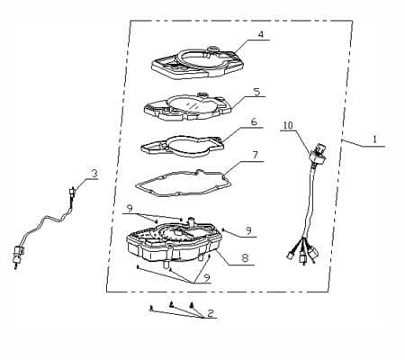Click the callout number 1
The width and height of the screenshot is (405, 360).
coord(374,139)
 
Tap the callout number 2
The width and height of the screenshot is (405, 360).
coord(211,313)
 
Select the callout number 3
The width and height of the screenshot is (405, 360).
coord(94,174)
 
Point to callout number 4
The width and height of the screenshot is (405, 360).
coord(261,34)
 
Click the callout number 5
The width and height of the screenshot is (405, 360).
coord(256,92)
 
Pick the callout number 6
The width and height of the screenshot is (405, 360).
coord(254,122)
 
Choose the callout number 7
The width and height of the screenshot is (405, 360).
coord(255,155)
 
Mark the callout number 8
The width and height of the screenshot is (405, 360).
coord(245,258)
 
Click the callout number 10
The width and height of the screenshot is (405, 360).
coord(288,125)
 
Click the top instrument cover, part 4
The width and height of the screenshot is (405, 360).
coord(197,63)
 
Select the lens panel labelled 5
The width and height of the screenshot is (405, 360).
coord(188,107)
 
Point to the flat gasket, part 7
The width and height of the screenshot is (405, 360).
coord(183,184)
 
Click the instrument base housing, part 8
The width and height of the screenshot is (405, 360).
coord(174,243)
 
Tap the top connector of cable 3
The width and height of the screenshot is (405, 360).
coord(72,192)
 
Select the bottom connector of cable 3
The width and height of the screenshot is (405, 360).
coord(18,255)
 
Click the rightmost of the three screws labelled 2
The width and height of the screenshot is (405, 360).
coord(192,306)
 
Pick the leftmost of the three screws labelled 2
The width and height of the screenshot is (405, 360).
coord(151,308)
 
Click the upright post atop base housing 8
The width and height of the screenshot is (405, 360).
coord(191,222)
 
